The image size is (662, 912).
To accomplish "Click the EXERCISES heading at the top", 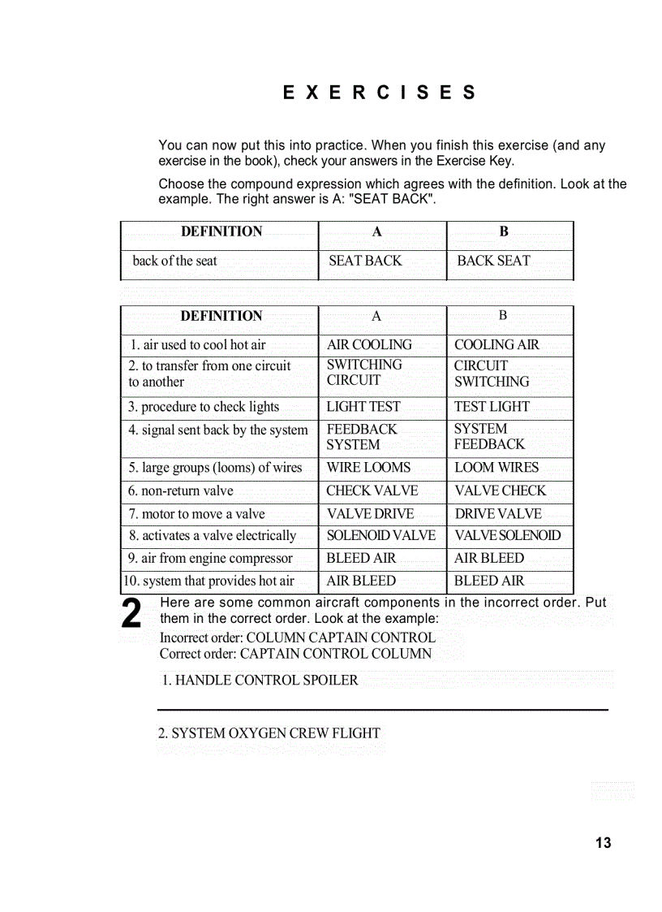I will [379, 93].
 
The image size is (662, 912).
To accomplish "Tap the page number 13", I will [603, 843].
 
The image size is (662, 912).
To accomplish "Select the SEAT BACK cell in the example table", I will [365, 261].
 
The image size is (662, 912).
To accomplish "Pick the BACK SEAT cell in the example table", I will [493, 261].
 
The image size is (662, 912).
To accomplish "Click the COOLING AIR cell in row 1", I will [496, 344].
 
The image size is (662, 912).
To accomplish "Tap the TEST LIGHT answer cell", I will [492, 407].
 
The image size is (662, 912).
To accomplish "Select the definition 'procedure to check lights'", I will [203, 407].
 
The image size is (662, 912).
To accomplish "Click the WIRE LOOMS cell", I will [368, 468].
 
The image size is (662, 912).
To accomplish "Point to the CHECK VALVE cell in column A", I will [372, 491].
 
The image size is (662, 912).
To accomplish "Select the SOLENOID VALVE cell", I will [380, 536].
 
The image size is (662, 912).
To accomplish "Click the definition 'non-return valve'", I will [180, 491].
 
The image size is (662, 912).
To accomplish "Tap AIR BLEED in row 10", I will [361, 581].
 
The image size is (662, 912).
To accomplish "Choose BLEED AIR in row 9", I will [361, 559].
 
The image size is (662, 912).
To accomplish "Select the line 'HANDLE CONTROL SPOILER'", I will [260, 681].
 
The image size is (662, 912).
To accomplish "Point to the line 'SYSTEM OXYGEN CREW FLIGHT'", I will [269, 733].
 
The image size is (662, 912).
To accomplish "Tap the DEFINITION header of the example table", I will [221, 232].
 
